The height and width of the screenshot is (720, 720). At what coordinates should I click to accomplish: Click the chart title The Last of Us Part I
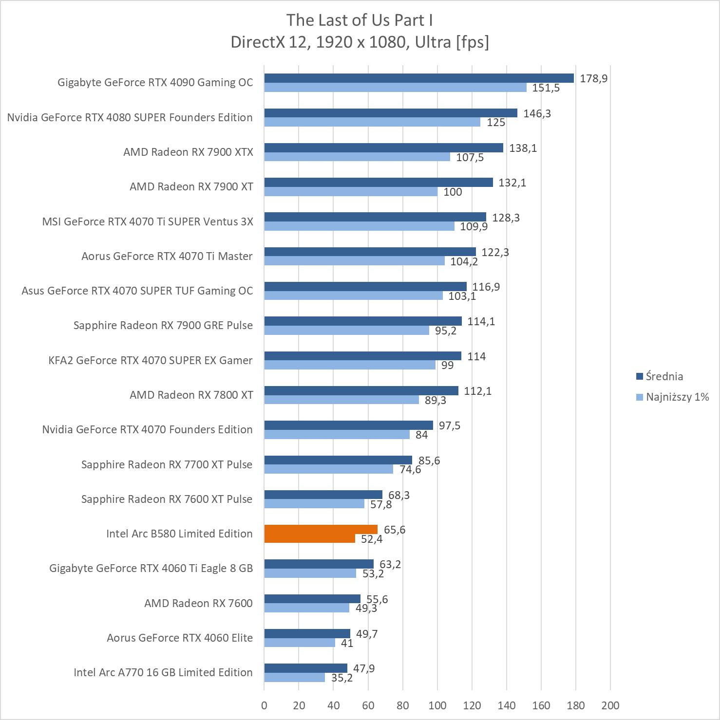click(x=360, y=20)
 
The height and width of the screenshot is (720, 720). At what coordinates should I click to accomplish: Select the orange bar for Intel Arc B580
click(x=321, y=529)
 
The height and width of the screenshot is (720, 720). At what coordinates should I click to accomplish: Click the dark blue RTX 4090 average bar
click(x=419, y=78)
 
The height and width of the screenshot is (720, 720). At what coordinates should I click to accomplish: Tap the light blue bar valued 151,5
click(x=395, y=88)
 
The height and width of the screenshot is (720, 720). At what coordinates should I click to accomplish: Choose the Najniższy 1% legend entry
click(x=672, y=397)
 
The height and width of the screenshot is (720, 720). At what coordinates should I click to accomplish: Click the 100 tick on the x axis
click(x=437, y=705)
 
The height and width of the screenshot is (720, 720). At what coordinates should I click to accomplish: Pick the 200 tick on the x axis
click(x=610, y=705)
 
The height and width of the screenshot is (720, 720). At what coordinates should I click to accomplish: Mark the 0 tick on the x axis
click(x=264, y=705)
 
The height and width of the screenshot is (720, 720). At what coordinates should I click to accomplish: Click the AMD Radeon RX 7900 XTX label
click(x=188, y=152)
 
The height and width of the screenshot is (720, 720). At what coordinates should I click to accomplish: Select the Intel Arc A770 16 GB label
click(x=163, y=672)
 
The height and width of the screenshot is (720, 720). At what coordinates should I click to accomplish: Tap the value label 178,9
click(x=593, y=78)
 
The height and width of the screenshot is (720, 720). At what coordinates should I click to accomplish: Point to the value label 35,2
click(x=342, y=678)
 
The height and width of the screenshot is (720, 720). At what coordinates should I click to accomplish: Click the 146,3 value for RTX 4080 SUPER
click(x=537, y=113)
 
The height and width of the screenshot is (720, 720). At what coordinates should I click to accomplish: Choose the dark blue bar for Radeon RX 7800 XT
click(x=361, y=391)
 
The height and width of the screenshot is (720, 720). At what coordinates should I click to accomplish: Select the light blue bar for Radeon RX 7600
click(x=307, y=608)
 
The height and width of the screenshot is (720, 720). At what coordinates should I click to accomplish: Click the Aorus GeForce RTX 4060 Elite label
click(x=180, y=638)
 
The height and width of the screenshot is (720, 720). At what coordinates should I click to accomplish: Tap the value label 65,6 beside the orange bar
click(x=395, y=530)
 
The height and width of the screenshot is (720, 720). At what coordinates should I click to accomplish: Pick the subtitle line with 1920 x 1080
click(x=360, y=42)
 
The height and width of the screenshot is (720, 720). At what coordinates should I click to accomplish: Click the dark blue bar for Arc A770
click(x=305, y=668)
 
